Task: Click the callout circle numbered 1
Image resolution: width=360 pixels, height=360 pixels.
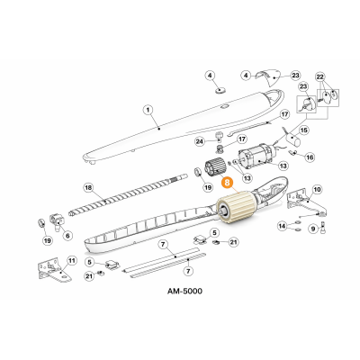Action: (148, 110)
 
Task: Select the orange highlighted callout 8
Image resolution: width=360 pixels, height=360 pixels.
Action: (227, 183)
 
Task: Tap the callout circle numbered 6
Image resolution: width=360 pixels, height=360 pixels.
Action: (67, 236)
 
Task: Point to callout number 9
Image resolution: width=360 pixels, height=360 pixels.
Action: (313, 229)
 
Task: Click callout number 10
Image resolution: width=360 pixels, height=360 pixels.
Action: (317, 189)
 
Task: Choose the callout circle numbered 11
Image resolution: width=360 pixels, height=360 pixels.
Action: (71, 260)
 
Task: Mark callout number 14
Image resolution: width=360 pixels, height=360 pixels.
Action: (282, 226)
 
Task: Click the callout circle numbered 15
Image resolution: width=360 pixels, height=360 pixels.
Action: (304, 130)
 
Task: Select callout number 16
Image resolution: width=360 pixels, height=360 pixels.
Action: (310, 157)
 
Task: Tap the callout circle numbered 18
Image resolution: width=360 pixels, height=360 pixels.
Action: (88, 188)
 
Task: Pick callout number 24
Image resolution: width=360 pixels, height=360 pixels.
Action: (200, 141)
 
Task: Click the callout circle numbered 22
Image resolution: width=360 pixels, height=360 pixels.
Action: (320, 77)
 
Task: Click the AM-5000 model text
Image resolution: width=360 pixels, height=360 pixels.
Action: (184, 291)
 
